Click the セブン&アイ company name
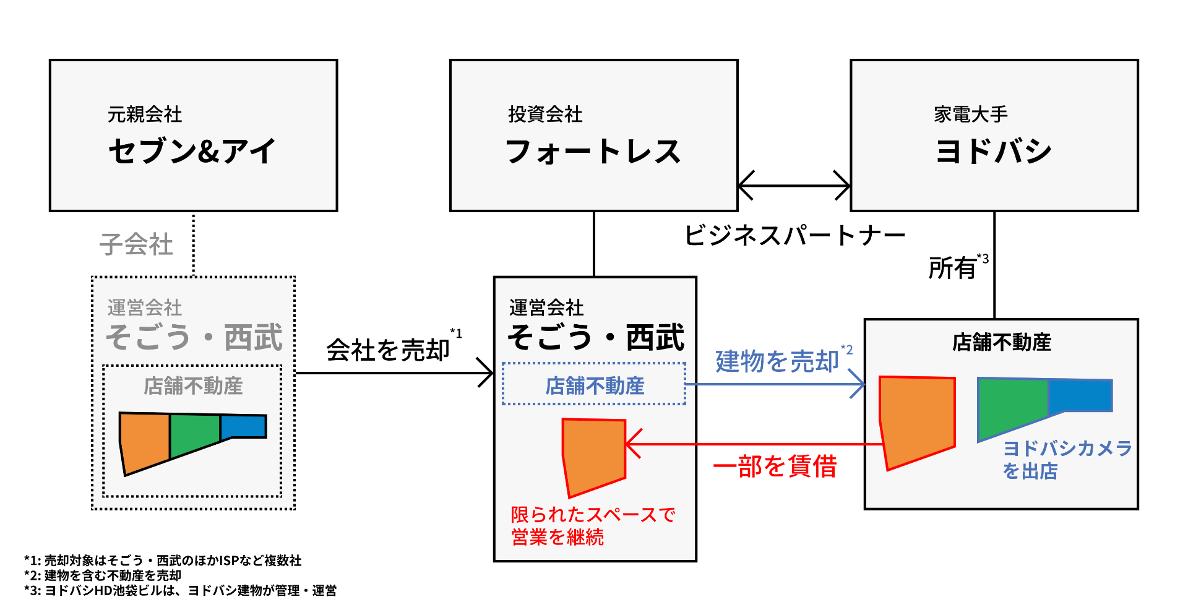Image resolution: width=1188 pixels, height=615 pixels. [192, 151]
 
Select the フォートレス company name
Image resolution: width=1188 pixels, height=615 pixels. [593, 151]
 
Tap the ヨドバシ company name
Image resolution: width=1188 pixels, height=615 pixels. [993, 151]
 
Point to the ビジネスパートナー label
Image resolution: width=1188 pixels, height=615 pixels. [794, 235]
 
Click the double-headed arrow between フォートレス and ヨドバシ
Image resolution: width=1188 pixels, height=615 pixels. [794, 185]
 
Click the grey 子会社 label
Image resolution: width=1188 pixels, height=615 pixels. [136, 244]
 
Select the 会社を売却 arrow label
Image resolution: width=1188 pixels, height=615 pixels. [388, 350]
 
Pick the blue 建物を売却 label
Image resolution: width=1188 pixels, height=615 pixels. [777, 361]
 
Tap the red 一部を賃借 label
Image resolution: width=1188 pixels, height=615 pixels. [775, 466]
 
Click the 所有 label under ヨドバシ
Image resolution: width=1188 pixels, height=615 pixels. [952, 268]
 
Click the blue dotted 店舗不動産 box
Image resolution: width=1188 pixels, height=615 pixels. [594, 385]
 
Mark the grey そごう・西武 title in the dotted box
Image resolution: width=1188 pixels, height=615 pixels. [194, 338]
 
